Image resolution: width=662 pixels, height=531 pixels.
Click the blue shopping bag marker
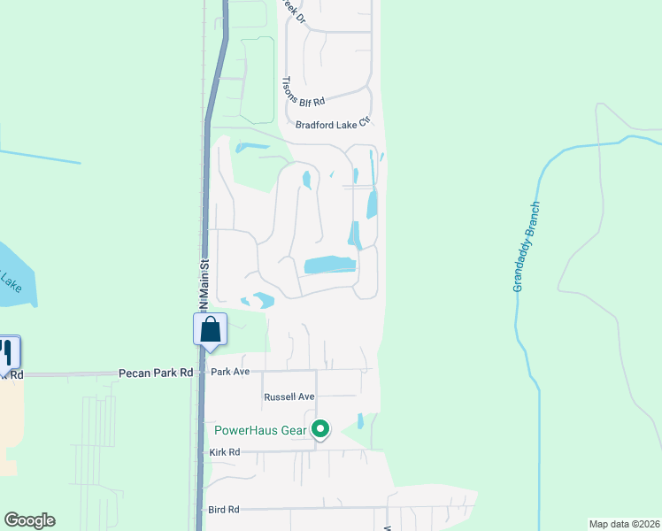pos(211,329)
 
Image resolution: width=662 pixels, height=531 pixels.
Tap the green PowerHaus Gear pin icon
pos(320,430)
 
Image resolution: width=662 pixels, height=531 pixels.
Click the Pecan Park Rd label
pos(156,373)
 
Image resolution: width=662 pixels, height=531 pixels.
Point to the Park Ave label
pos(231,372)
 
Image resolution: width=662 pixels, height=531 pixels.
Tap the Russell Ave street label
pos(289,397)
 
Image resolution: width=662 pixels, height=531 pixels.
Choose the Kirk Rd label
pos(225,452)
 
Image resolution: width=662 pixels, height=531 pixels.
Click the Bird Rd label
pos(225,510)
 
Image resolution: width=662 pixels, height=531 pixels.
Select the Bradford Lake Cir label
pos(332,126)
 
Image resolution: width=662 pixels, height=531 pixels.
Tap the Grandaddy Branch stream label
pos(526,248)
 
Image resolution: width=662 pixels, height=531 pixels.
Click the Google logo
pos(29,520)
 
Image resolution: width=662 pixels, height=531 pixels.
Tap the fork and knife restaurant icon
pos(8,352)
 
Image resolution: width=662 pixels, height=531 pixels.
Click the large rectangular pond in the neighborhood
pos(329,265)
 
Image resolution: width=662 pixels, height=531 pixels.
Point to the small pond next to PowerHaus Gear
pos(360,421)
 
